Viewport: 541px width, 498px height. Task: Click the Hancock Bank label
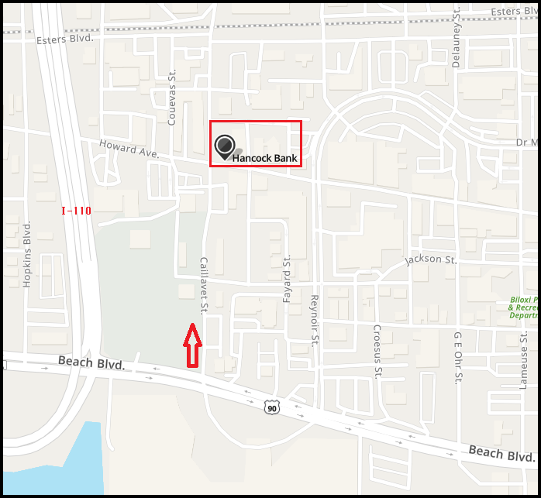coord(265,158)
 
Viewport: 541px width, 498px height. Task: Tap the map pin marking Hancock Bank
coord(225,146)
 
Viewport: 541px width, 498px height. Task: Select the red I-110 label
coord(76,211)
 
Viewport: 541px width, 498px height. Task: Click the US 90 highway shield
coord(270,407)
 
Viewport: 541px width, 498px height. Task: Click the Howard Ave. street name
coord(129,149)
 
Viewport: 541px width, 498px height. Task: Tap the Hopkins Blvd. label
coord(28,254)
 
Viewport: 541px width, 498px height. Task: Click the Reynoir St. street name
coord(315,318)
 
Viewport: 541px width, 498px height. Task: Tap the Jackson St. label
coord(430,259)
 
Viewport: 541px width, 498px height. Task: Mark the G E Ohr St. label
coord(458,357)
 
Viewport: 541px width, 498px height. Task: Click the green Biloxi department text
coord(523,307)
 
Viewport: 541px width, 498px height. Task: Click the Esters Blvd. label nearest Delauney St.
coord(515,12)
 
